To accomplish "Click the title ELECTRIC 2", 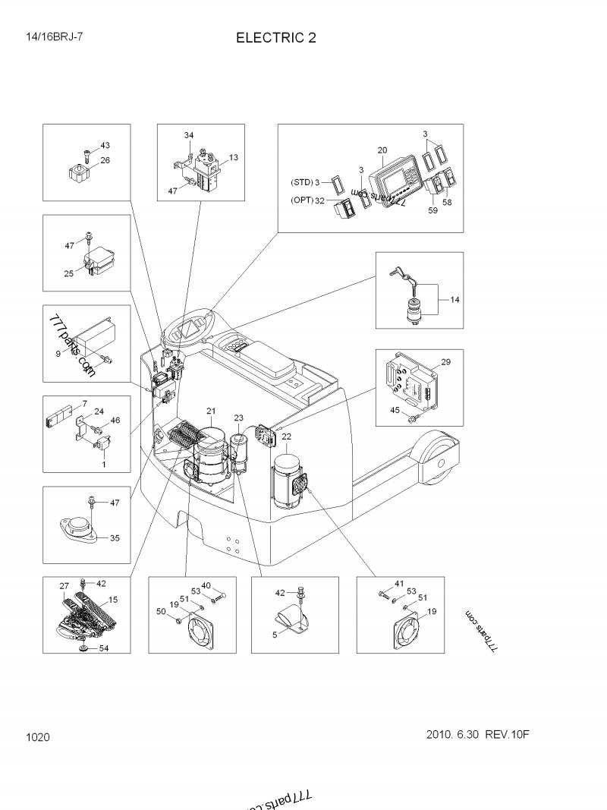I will coord(276,38).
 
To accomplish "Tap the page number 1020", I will coord(37,737).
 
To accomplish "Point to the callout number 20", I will coord(382,150).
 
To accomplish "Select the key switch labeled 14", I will coord(414,308).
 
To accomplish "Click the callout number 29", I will coord(446,362).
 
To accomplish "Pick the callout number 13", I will coord(233,157).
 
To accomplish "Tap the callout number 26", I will coord(105,160).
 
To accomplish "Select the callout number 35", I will coord(115,538).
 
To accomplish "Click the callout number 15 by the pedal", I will coord(113,600).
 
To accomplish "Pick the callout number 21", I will coord(210,411).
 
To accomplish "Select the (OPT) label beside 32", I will coord(302,200).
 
